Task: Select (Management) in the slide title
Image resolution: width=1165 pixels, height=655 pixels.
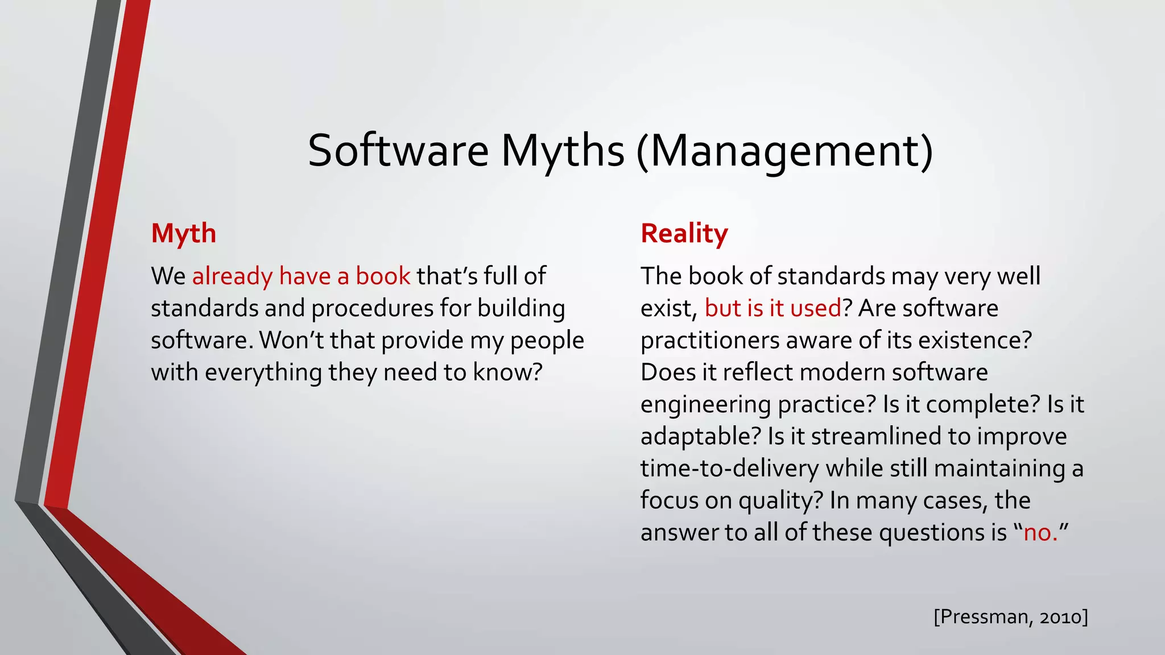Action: pyautogui.click(x=784, y=151)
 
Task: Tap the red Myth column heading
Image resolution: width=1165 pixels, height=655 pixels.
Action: pyautogui.click(x=183, y=234)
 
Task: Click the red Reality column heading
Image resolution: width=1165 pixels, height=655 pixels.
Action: pyautogui.click(x=684, y=234)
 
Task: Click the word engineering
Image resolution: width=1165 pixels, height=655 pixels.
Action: pyautogui.click(x=705, y=405)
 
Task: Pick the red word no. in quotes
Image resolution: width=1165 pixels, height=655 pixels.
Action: pyautogui.click(x=1040, y=533)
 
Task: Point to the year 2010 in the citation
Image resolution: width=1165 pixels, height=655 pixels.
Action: pyautogui.click(x=1060, y=617)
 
